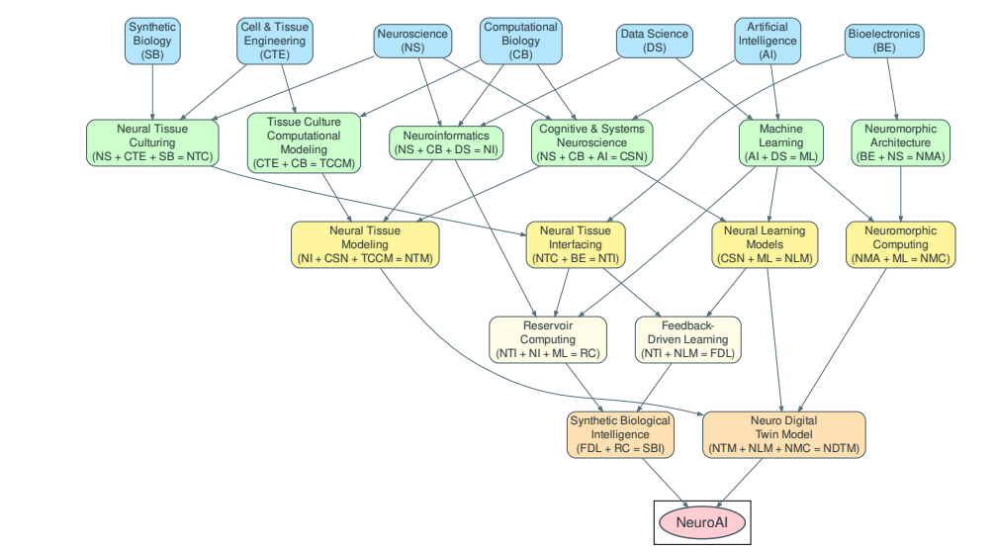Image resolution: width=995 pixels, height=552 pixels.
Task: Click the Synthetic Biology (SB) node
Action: pyautogui.click(x=152, y=41)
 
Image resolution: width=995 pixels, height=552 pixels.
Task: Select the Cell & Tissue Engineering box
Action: pyautogui.click(x=274, y=41)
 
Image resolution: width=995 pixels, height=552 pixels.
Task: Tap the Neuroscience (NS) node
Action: pyautogui.click(x=411, y=41)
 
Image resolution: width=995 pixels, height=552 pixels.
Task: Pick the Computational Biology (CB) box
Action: pyautogui.click(x=520, y=41)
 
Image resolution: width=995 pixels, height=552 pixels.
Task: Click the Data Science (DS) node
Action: pyautogui.click(x=653, y=41)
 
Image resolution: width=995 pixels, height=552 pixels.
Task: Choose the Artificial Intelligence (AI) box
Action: pyautogui.click(x=769, y=41)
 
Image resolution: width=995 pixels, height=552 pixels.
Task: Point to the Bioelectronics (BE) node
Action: pyautogui.click(x=884, y=41)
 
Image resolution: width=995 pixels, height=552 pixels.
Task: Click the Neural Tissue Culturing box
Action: pyautogui.click(x=152, y=142)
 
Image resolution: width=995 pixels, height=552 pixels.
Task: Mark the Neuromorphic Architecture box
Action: pyautogui.click(x=901, y=142)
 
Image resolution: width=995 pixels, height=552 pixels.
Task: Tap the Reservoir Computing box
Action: pyautogui.click(x=548, y=339)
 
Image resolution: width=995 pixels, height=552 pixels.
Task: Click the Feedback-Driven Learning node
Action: pyautogui.click(x=687, y=339)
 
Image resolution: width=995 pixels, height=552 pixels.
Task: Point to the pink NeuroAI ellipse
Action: pyautogui.click(x=701, y=521)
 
